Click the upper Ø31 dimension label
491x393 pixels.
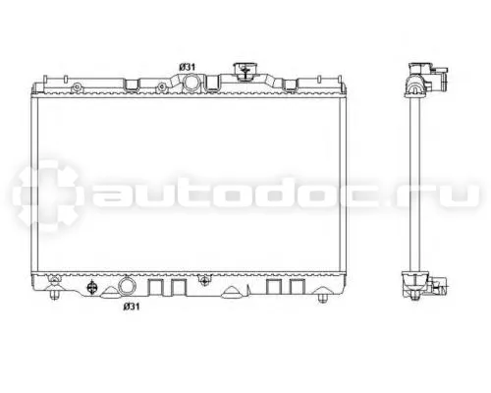[x=188, y=67]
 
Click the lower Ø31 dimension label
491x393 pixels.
[x=132, y=307]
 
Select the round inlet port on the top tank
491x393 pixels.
[x=191, y=82]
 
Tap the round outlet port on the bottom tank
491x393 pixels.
[x=127, y=286]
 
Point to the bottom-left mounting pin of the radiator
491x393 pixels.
[x=54, y=295]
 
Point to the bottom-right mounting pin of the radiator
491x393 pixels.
[x=323, y=298]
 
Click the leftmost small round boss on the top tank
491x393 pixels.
[x=77, y=87]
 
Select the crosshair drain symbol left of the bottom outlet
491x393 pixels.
[x=91, y=288]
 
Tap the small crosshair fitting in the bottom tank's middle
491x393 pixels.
[x=205, y=281]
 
